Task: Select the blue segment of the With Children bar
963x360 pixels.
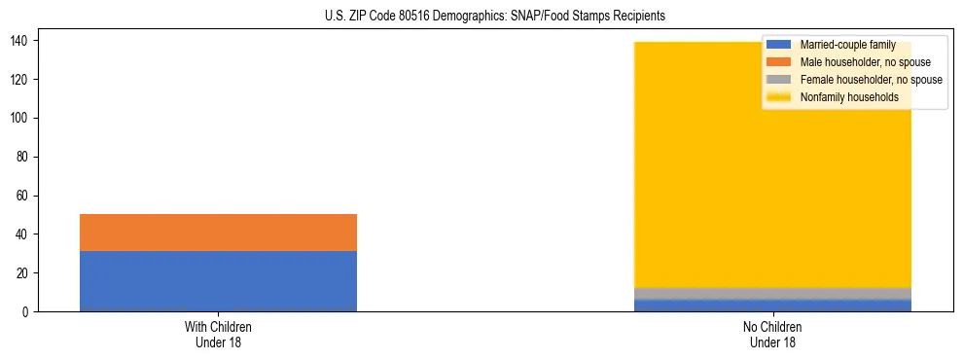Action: coord(218,281)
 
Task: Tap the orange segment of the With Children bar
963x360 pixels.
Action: coord(218,233)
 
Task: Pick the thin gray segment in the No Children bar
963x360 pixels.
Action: coord(772,294)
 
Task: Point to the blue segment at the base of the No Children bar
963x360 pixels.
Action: coord(772,306)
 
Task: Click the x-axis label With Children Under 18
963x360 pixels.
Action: coord(218,335)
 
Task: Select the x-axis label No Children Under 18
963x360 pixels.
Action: coord(772,335)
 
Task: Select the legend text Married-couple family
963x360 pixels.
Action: coord(846,45)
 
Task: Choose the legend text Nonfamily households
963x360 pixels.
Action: coord(842,97)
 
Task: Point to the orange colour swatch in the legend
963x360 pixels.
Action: coord(780,62)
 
